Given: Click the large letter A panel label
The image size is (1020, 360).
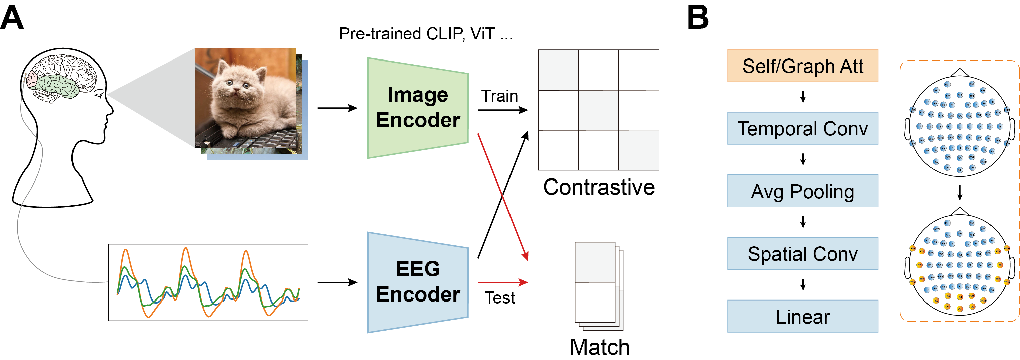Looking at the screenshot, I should (12, 17).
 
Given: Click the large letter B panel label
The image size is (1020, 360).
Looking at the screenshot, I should (698, 17).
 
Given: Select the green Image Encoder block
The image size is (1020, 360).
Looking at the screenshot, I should (417, 108).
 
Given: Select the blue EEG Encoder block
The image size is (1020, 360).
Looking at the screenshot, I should (417, 282).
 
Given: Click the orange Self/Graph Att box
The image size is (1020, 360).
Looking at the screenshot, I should (803, 66).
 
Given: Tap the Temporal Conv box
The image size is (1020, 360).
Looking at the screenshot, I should (803, 128).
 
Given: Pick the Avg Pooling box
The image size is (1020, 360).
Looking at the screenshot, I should (803, 191).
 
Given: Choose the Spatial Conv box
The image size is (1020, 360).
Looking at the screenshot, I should (803, 253).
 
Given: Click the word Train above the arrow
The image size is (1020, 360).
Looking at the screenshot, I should (499, 96).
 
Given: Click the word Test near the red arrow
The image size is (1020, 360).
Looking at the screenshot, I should (500, 298).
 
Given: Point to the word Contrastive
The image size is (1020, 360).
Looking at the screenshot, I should (599, 187).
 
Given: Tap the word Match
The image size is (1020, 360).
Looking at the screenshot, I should (599, 347).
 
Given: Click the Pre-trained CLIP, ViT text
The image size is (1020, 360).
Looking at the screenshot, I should (426, 34).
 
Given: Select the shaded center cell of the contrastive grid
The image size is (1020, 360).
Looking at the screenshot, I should (599, 110).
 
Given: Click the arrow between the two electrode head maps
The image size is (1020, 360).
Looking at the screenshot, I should (960, 192).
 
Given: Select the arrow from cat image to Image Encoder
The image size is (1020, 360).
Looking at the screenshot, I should (337, 108).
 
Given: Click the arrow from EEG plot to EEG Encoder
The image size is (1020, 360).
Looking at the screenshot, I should (337, 282).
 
